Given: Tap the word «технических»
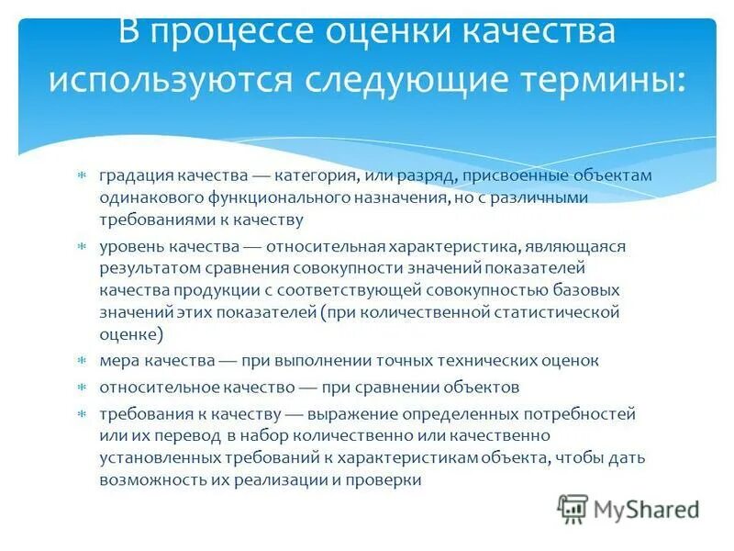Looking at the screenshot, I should (480, 361).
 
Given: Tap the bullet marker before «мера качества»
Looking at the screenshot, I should (81, 362).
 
